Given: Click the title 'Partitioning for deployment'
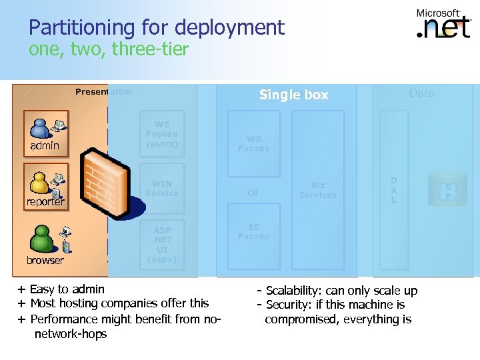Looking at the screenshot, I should click(x=157, y=27).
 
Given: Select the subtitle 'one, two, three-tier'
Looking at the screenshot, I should click(x=109, y=49).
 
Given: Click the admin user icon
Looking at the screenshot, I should click(x=45, y=130).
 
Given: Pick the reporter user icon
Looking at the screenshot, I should click(x=45, y=186).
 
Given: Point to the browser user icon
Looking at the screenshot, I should click(x=46, y=244).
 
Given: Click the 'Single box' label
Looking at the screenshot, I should click(x=293, y=95).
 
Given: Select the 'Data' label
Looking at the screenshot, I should click(x=421, y=93).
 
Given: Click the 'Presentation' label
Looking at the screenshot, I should click(x=103, y=92).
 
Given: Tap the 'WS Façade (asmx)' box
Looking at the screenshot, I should click(x=162, y=133).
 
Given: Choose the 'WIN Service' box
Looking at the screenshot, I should click(x=162, y=188).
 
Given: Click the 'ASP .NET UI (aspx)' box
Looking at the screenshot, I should click(x=162, y=245).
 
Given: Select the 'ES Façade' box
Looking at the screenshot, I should click(x=254, y=232).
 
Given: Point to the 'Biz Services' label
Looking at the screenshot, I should click(x=318, y=190).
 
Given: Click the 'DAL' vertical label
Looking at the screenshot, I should click(x=393, y=190).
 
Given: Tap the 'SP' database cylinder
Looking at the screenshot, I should click(x=448, y=190).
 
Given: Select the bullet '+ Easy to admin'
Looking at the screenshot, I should click(x=61, y=289).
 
